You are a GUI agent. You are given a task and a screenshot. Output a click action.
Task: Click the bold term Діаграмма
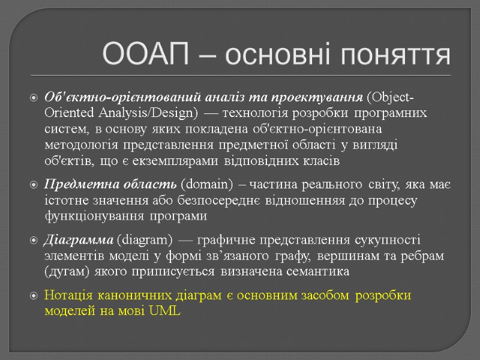pos(79,241)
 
